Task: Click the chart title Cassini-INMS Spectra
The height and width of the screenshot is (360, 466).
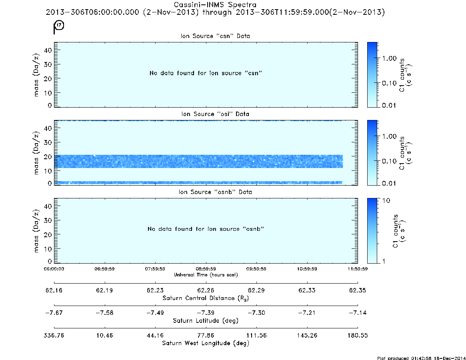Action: pos(215,5)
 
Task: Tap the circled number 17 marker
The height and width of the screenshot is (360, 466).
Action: pos(60,25)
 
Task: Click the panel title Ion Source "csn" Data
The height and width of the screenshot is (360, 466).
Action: pos(215,36)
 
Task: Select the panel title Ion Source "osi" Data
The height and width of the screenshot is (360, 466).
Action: pos(215,114)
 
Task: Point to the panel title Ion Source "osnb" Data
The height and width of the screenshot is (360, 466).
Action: pos(215,192)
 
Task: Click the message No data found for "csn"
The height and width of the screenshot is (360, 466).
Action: pos(206,73)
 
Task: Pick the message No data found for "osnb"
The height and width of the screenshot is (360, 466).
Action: pos(206,229)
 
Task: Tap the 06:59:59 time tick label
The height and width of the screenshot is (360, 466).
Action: pos(105,269)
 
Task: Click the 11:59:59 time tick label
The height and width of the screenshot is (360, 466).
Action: pos(358,269)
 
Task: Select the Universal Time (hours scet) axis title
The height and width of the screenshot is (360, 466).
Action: pos(206,275)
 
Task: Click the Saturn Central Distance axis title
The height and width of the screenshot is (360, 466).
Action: pos(206,298)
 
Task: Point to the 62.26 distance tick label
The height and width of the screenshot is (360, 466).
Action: pos(206,290)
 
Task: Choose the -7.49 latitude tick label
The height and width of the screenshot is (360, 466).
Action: pos(155,313)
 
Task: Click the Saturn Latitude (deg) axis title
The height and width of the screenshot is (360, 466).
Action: pos(206,321)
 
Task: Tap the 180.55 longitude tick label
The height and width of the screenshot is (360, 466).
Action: pos(358,335)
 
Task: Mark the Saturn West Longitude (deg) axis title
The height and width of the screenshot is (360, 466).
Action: pos(206,343)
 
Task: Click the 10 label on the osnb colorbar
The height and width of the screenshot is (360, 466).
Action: pos(386,201)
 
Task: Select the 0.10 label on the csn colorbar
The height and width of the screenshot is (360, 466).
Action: pos(389,83)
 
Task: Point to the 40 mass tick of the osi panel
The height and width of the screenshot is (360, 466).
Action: pos(48,128)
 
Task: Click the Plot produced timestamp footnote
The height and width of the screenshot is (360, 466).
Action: pos(421,358)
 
